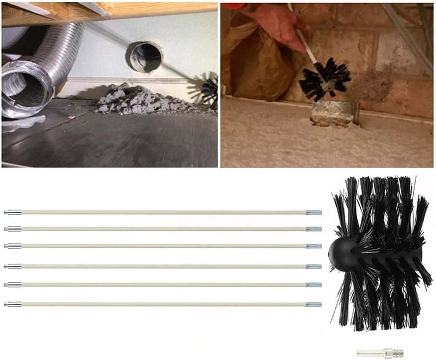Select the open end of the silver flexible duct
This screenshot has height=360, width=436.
pos(21,94)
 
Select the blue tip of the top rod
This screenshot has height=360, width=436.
pos(314,212)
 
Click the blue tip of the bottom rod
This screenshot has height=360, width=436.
pos(314,304)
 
